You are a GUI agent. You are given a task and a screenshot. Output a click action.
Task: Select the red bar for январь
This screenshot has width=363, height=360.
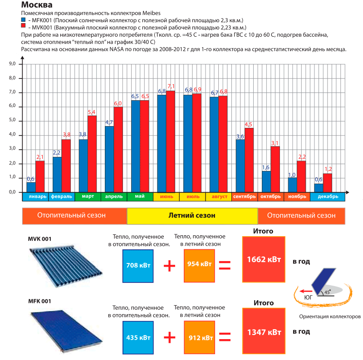40,176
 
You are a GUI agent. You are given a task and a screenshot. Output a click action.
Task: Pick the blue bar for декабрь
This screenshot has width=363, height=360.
319,188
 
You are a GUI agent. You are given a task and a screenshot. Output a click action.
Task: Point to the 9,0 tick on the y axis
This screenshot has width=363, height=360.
13,64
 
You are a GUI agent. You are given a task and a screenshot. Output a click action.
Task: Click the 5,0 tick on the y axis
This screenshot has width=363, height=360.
13,121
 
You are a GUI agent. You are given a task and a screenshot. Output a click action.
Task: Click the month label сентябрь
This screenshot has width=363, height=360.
245,197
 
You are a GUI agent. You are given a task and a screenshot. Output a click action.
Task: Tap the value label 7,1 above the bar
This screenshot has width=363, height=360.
171,86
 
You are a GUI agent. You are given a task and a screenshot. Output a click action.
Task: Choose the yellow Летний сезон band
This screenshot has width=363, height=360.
192,215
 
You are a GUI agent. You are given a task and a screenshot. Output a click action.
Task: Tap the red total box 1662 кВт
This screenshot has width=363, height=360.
264,260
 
